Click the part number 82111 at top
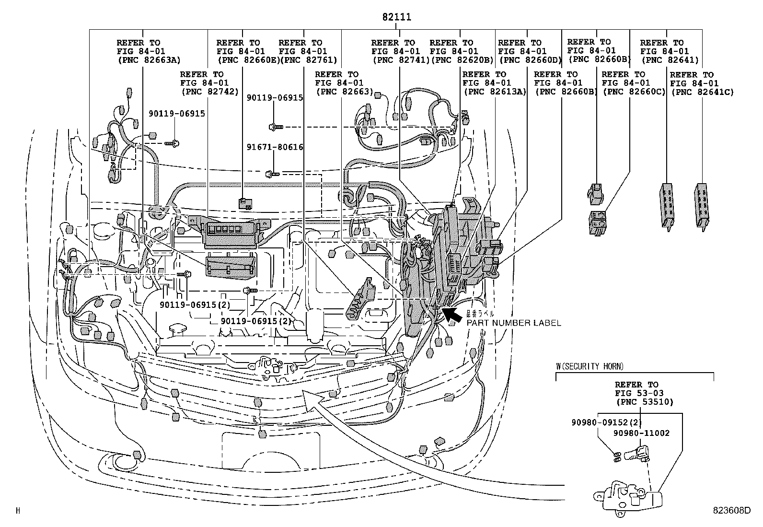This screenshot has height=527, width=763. coord(396,17)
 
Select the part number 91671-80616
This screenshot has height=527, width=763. coord(275,147)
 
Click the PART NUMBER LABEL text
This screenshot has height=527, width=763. coord(514,323)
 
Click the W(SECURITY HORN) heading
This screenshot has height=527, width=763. coord(590,366)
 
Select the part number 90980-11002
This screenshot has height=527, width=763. coord(641,433)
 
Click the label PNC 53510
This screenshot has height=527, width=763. coord(644,402)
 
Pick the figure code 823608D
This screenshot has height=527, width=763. coord(731,511)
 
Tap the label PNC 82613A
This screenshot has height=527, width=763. coord(494,92)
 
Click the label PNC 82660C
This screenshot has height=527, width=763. coord(634,92)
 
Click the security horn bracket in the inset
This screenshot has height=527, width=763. coord(628,496)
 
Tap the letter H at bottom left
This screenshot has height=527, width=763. coord(18,511)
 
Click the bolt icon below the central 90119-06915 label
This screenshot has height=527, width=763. coord(276,127)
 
